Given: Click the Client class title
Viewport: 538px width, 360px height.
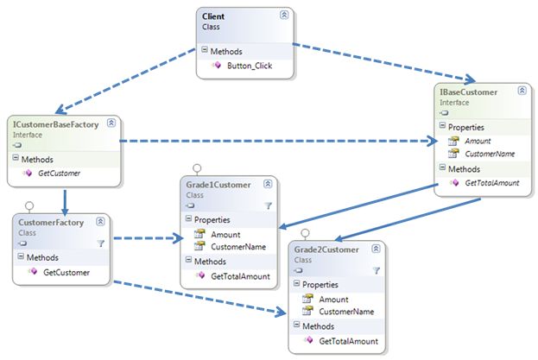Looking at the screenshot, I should (x=214, y=16).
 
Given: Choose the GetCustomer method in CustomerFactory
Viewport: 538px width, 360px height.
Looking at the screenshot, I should (x=66, y=272).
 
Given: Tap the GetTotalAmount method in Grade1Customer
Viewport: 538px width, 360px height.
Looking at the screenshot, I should (x=239, y=277).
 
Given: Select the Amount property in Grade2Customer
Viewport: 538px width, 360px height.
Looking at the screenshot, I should (x=333, y=298).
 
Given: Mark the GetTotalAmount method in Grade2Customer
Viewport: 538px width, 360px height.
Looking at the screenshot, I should (x=347, y=341).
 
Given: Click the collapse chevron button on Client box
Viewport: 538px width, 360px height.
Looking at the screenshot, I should (x=284, y=16).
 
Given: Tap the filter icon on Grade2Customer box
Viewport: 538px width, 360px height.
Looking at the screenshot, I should (x=376, y=269).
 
